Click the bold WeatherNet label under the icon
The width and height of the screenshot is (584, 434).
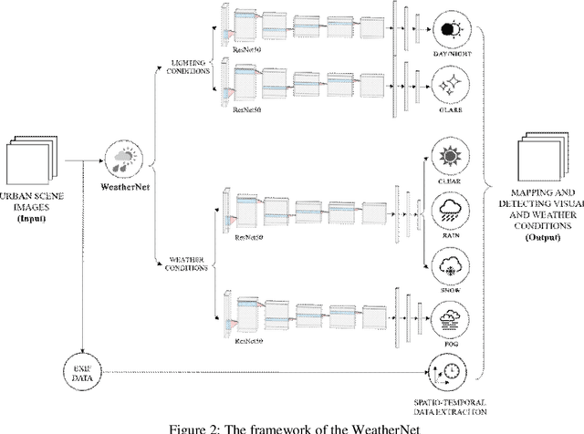click(123, 189)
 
